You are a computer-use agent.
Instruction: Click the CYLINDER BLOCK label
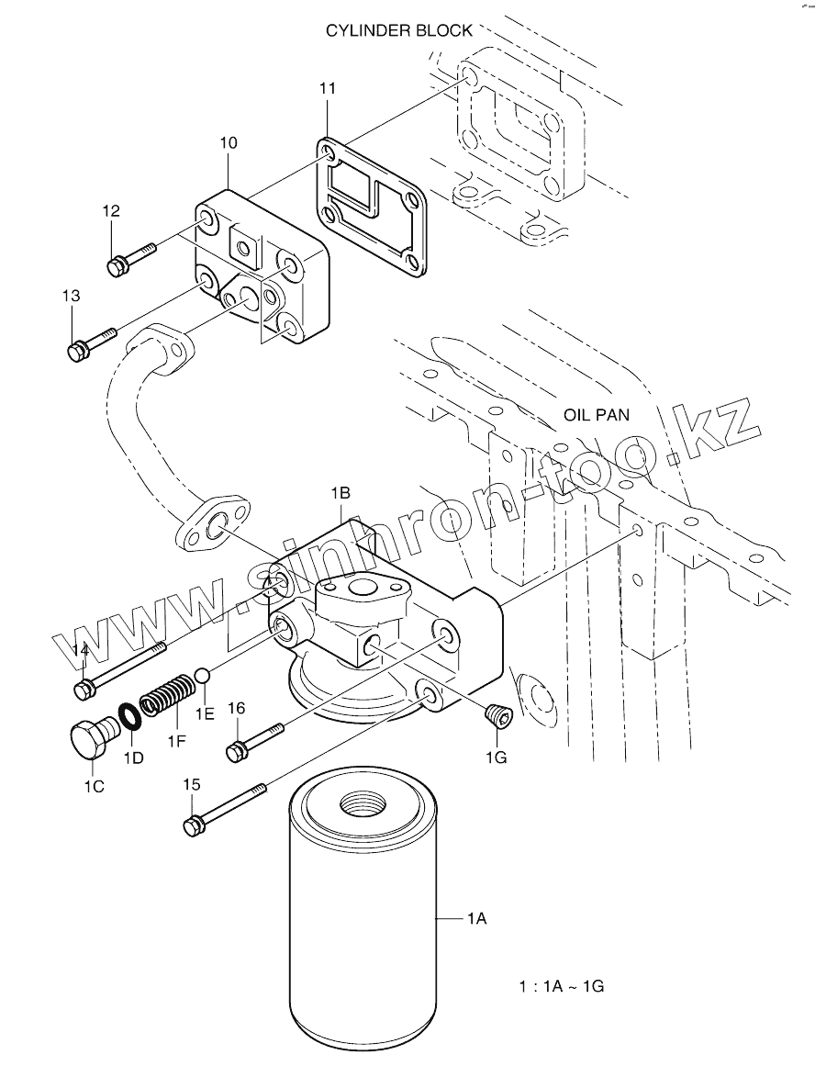(x=399, y=30)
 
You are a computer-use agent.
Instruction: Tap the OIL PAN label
(x=597, y=415)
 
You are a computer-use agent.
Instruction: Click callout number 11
(x=328, y=88)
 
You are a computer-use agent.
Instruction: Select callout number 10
(x=229, y=142)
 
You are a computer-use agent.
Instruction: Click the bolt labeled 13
(x=93, y=342)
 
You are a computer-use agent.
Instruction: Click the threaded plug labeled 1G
(x=497, y=716)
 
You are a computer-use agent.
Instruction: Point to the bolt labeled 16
(x=254, y=741)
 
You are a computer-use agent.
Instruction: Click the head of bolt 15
(x=193, y=825)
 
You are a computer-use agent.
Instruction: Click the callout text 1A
(x=476, y=918)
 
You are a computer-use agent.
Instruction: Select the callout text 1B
(x=341, y=493)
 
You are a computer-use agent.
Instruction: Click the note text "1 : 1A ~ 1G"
(x=562, y=986)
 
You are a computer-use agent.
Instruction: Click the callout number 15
(x=192, y=784)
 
